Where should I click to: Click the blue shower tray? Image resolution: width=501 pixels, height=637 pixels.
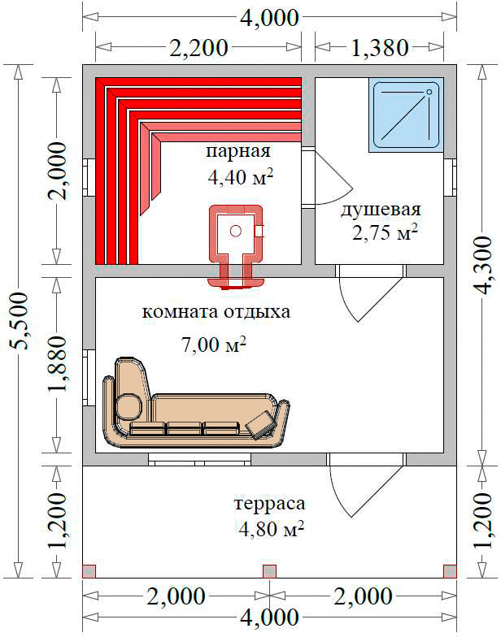[x=407, y=115]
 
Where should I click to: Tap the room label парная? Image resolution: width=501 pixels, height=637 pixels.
[x=237, y=152]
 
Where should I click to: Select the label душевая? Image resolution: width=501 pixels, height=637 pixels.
[x=381, y=210]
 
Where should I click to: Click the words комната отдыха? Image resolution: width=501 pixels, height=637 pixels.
[x=216, y=312]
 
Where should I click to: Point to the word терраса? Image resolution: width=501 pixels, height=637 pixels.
[x=270, y=504]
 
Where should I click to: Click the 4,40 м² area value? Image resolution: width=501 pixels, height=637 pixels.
[x=240, y=177]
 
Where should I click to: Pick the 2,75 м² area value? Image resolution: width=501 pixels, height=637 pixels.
[x=385, y=233]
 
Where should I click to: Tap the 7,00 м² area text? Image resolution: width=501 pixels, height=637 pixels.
[x=214, y=345]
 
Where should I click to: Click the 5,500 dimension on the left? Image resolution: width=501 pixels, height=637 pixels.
[x=19, y=321]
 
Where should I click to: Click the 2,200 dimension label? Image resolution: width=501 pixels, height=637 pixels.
[x=198, y=48]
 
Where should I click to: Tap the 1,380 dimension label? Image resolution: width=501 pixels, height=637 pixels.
[x=379, y=48]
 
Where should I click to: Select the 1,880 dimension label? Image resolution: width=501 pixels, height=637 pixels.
[x=56, y=364]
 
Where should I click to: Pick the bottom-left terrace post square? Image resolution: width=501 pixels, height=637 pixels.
[x=89, y=570]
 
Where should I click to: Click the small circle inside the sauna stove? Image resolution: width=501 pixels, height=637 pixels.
[x=236, y=231]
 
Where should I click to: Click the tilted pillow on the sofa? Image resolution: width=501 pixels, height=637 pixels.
[x=260, y=425]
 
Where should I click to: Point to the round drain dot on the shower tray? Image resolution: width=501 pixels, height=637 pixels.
[x=429, y=93]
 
